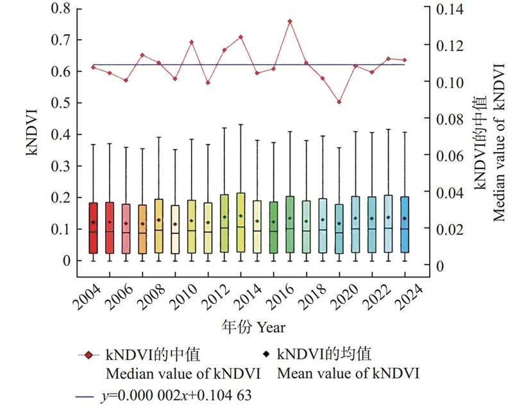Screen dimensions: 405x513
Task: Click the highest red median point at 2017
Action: point(290,21)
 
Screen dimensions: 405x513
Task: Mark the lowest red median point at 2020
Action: point(339,102)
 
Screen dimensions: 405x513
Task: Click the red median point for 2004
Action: point(93,67)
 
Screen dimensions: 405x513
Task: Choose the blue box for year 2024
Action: point(405,224)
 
